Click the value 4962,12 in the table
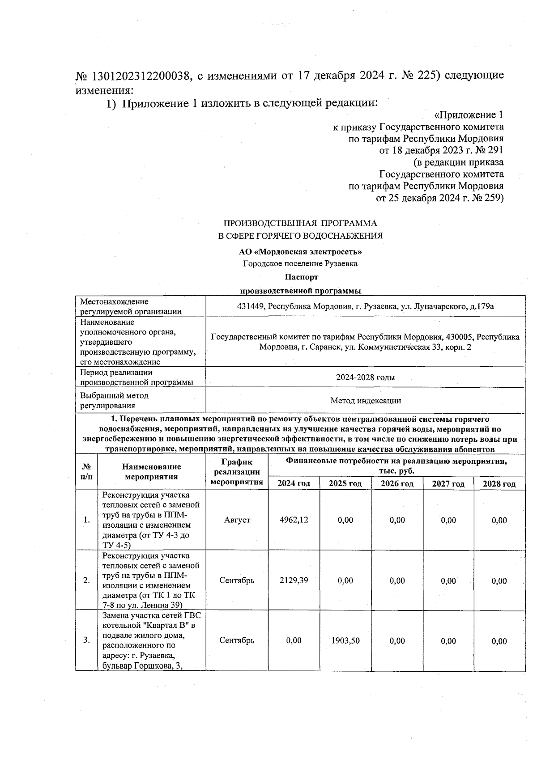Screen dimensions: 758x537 [x=294, y=520]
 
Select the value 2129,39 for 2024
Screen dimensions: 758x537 [x=294, y=580]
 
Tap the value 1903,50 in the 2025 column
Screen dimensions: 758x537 [x=345, y=640]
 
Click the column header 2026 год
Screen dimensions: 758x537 [x=397, y=483]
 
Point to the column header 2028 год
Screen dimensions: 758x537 [x=499, y=483]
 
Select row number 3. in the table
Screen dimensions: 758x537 [x=86, y=640]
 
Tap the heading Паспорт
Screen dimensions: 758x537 [x=300, y=277]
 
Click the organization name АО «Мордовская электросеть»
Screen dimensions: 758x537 [x=300, y=252]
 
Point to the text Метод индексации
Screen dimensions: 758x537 [x=365, y=401]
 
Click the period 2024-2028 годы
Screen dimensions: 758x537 [x=365, y=377]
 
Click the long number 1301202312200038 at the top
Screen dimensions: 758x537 [x=140, y=75]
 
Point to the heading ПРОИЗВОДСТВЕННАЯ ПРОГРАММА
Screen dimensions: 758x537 [x=300, y=223]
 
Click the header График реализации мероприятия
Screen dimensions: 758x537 [x=237, y=471]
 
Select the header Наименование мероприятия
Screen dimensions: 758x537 [x=151, y=471]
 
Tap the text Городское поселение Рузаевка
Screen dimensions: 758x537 [x=300, y=264]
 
